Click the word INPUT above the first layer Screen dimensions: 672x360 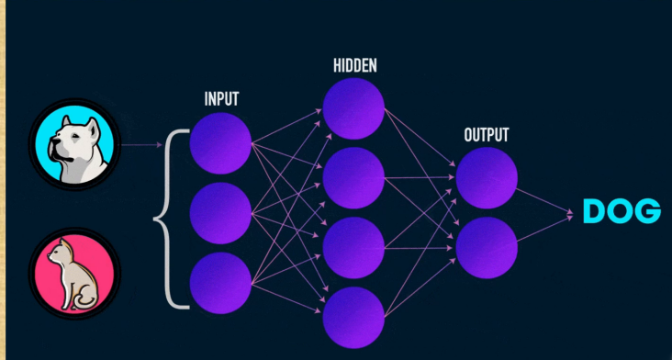(221, 99)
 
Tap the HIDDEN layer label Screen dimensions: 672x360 (355, 65)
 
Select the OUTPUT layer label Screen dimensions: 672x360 (487, 135)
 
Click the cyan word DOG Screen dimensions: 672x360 (622, 211)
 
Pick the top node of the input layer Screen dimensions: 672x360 (220, 143)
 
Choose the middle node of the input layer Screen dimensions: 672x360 (220, 213)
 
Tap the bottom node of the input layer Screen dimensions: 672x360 (220, 283)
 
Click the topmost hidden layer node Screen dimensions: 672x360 (353, 108)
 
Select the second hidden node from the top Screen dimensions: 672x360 (353, 178)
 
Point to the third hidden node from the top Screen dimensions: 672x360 (353, 248)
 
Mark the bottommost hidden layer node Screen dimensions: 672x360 (353, 318)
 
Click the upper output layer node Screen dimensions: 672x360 (487, 178)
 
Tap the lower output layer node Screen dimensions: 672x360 (487, 248)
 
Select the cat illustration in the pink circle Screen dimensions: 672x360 (73, 275)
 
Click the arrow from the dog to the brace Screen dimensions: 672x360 (142, 145)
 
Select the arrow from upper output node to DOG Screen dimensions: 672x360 (544, 200)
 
